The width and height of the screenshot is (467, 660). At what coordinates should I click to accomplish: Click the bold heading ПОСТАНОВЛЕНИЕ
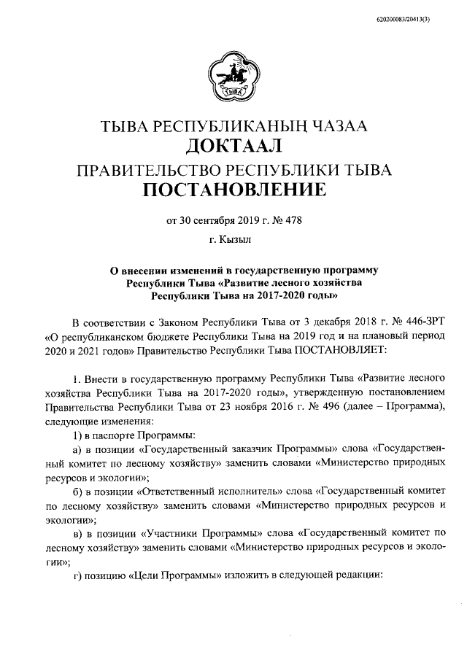click(x=233, y=192)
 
